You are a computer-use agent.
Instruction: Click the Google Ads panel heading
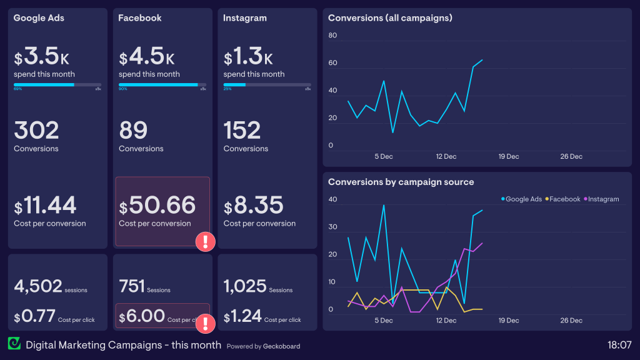click(x=39, y=18)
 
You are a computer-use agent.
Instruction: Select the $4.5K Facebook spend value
click(x=147, y=57)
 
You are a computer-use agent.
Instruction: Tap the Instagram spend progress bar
click(x=267, y=84)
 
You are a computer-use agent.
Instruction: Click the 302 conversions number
click(x=36, y=131)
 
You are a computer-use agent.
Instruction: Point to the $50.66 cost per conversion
click(x=157, y=205)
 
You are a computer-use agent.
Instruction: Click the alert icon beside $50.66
click(x=206, y=242)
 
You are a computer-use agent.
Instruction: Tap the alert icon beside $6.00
click(x=206, y=323)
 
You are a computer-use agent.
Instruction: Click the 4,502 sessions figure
click(x=38, y=286)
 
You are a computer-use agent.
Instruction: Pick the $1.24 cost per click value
click(x=242, y=316)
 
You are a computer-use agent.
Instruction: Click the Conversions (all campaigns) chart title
click(x=390, y=18)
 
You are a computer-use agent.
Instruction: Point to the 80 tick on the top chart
click(x=332, y=36)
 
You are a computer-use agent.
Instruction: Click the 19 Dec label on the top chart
click(x=508, y=156)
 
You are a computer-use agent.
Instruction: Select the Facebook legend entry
click(x=564, y=199)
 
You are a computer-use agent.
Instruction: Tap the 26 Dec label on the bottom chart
click(x=571, y=321)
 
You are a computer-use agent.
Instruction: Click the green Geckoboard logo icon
click(x=14, y=344)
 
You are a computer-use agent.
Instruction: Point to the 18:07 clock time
click(x=619, y=344)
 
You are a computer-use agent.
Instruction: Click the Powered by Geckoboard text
click(x=263, y=346)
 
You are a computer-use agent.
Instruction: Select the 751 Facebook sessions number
click(x=131, y=286)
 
